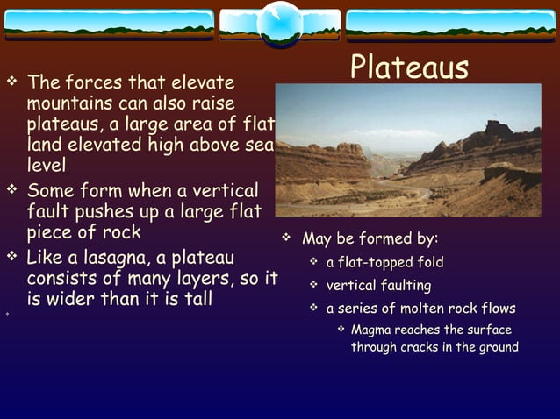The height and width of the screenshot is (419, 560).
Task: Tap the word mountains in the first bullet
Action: click(64, 104)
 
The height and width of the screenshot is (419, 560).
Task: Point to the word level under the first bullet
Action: click(46, 163)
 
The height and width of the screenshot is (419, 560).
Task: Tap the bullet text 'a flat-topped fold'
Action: click(384, 262)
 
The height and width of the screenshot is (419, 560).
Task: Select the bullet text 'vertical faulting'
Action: click(378, 286)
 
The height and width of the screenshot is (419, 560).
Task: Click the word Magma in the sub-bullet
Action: click(373, 330)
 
